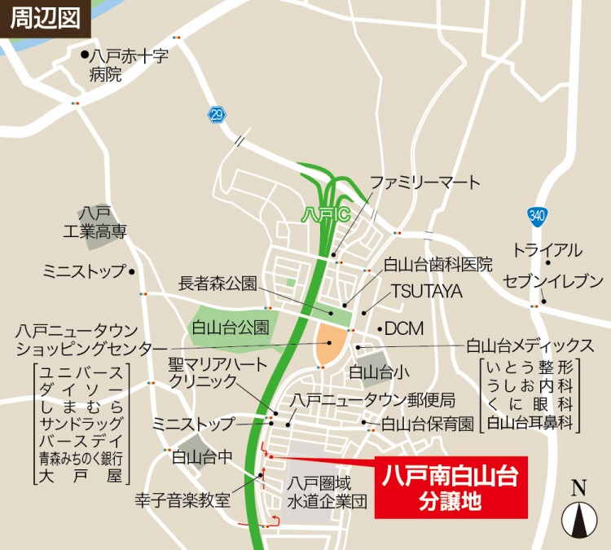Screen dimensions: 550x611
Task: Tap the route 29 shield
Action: tap(215, 115)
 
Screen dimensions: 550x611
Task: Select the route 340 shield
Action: tap(535, 216)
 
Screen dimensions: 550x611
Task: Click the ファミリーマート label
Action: tap(425, 183)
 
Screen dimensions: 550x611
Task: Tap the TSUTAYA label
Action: tap(426, 290)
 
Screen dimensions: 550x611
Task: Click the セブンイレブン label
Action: tap(553, 281)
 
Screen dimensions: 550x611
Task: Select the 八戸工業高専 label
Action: tap(95, 222)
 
